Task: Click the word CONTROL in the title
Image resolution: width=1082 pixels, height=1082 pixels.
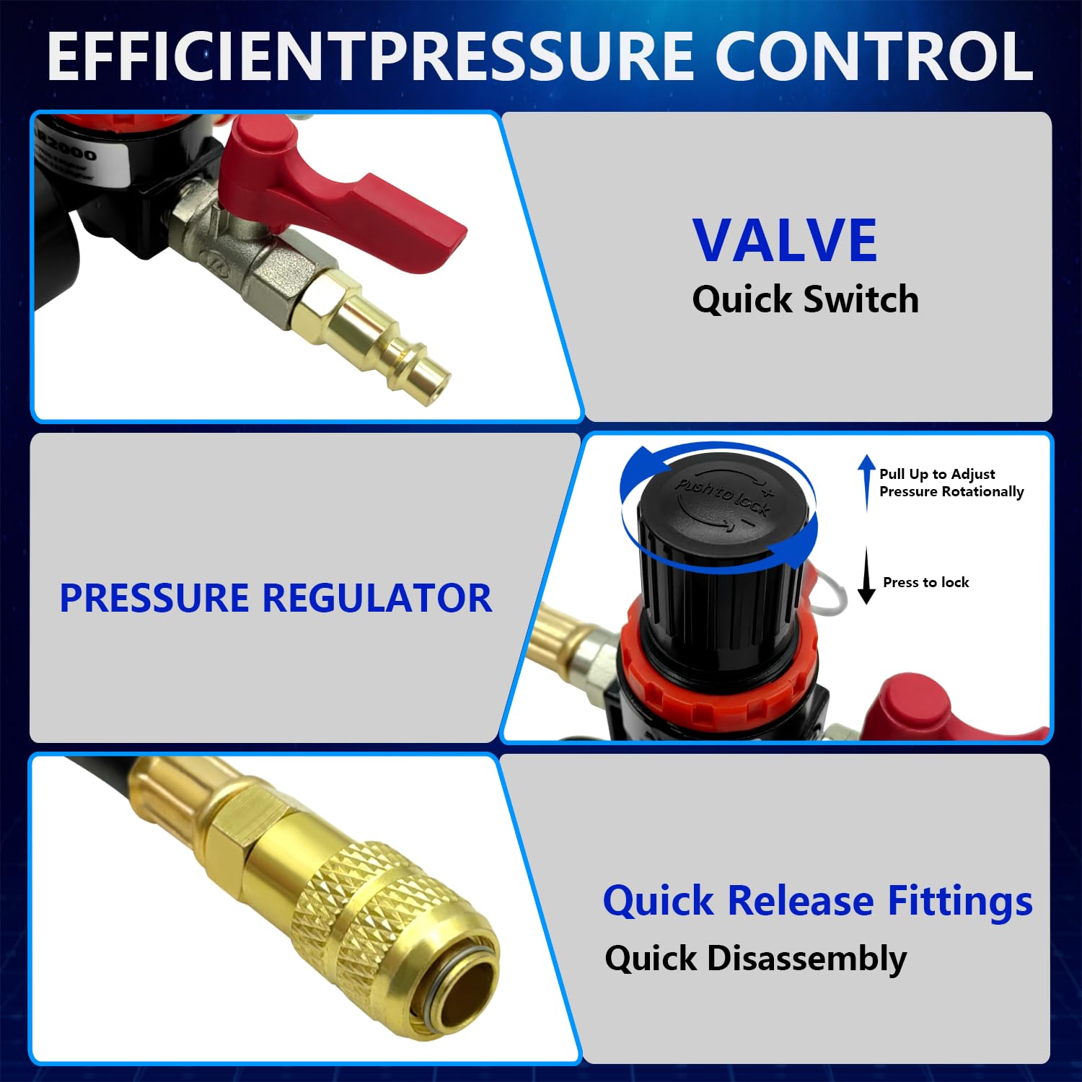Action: pos(874,56)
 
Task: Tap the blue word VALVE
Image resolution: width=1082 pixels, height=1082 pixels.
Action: pos(785,240)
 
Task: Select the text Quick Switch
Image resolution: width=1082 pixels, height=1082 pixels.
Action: pos(805,299)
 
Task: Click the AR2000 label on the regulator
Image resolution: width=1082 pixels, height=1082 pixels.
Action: pos(72,148)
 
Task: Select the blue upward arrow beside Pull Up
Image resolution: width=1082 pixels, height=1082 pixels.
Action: pos(866,482)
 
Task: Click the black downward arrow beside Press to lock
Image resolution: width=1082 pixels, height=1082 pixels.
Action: pos(866,576)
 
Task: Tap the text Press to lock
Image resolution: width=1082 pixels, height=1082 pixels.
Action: pos(925,582)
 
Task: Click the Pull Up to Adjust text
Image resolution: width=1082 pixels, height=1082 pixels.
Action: pos(937,474)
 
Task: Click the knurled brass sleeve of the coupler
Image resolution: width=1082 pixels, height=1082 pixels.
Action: pos(361,902)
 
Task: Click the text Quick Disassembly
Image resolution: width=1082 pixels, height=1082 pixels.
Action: pos(755,959)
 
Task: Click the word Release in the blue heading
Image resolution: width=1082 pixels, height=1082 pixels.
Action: pos(801,901)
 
